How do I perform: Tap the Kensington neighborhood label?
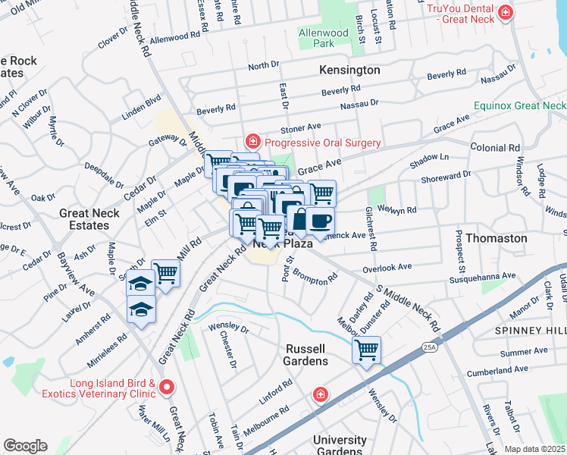pos(349,70)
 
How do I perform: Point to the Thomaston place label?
pos(496,238)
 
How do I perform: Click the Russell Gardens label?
pos(305,354)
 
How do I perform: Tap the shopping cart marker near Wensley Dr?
pos(366,350)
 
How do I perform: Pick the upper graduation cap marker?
pos(141,283)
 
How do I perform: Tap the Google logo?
pos(25,445)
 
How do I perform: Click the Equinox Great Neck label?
pos(520,105)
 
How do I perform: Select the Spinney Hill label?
pos(530,331)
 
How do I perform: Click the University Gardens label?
pos(340,445)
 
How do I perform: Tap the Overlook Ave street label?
pos(387,267)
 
